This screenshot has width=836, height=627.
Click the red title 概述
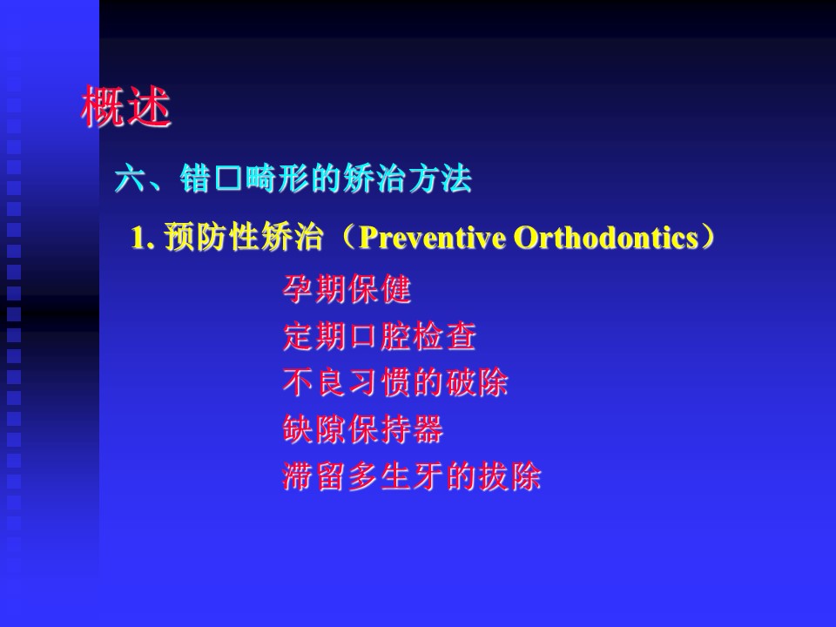pos(125,106)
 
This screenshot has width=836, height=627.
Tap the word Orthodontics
pos(607,237)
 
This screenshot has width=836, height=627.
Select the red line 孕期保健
pos(347,289)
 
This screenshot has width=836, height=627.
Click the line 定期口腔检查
pos(380,336)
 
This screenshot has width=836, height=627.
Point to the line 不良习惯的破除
pos(395,383)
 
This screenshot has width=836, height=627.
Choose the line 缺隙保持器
pos(363,429)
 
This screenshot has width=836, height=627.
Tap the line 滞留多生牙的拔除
pos(412,476)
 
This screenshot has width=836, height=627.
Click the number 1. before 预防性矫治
pos(143,238)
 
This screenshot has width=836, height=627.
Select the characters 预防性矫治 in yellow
pos(244,237)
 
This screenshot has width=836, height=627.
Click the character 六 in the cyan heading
pos(131,179)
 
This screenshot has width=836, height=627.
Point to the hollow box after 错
pos(228,179)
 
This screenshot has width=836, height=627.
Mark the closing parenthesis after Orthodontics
pos(707,237)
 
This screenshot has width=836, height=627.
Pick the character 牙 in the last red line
pos(428,476)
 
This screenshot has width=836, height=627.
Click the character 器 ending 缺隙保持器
pos(428,429)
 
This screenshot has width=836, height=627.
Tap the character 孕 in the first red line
pos(298,289)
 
